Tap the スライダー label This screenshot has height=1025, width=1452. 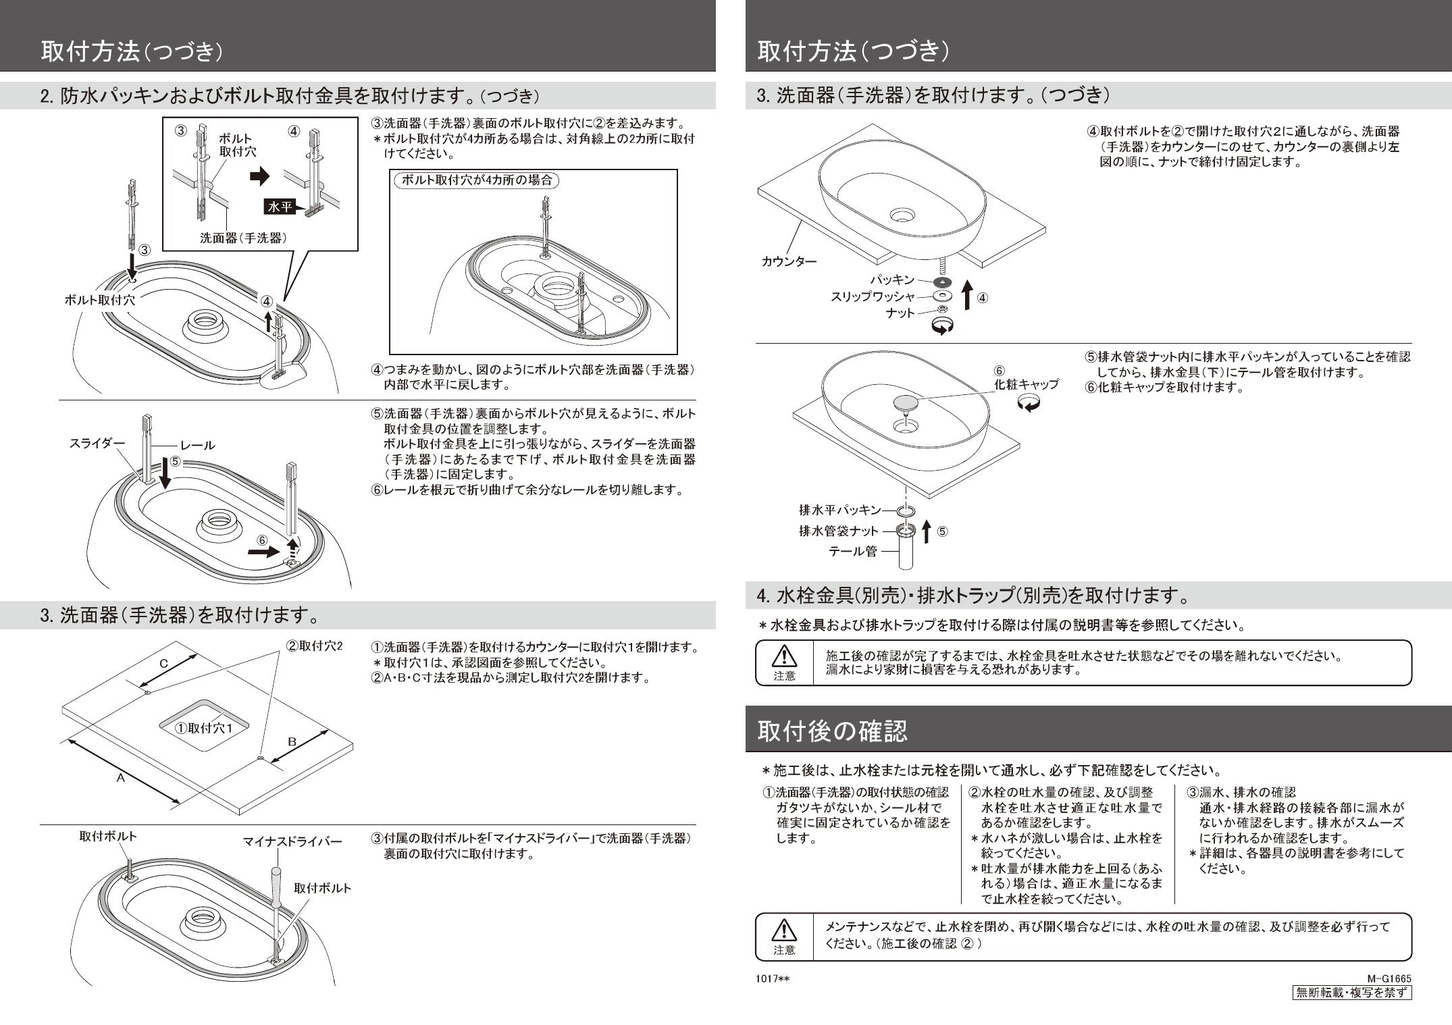(97, 443)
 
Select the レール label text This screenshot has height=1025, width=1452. (197, 445)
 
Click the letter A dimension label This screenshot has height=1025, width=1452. (120, 778)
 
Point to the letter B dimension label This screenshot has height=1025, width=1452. (292, 741)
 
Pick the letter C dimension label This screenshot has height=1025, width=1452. (164, 664)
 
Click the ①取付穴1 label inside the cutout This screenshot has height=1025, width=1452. (203, 728)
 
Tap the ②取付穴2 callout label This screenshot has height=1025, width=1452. (315, 646)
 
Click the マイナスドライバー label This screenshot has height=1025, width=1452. (292, 841)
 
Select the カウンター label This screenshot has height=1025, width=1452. (789, 261)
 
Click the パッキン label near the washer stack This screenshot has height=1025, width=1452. (891, 280)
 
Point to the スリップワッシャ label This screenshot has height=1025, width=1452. (873, 296)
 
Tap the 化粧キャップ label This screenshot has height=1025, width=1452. (1025, 384)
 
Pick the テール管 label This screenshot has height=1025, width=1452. (853, 551)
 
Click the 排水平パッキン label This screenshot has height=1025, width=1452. (840, 510)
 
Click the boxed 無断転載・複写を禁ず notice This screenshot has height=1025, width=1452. (1351, 992)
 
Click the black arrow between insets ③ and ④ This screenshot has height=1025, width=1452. (259, 177)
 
